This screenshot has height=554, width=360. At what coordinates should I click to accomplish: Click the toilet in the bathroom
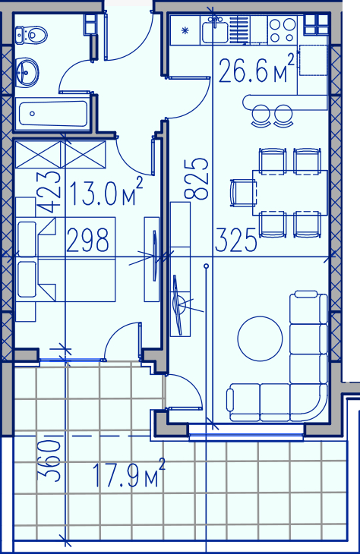click(31, 35)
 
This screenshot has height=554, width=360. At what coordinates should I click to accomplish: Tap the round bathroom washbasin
click(27, 72)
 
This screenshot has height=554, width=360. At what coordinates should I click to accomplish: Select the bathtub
click(52, 114)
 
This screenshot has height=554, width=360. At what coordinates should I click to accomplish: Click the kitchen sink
click(215, 31)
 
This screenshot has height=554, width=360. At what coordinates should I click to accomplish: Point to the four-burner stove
click(282, 30)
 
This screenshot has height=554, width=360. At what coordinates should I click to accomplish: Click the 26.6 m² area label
click(257, 69)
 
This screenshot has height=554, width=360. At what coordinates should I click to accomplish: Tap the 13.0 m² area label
click(106, 192)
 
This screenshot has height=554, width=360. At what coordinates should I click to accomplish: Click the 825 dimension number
click(196, 179)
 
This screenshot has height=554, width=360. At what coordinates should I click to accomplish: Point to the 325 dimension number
click(236, 240)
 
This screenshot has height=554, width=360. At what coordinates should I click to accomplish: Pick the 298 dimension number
click(87, 240)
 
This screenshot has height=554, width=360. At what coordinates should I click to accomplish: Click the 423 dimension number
click(49, 192)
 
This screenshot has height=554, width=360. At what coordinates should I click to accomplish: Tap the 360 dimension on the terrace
click(49, 461)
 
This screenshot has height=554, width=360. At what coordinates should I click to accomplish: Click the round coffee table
click(260, 338)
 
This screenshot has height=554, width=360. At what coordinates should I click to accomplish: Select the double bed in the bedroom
click(66, 260)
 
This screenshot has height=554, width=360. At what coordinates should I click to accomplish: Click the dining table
click(290, 193)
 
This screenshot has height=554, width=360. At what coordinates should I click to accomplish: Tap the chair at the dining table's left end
click(242, 193)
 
